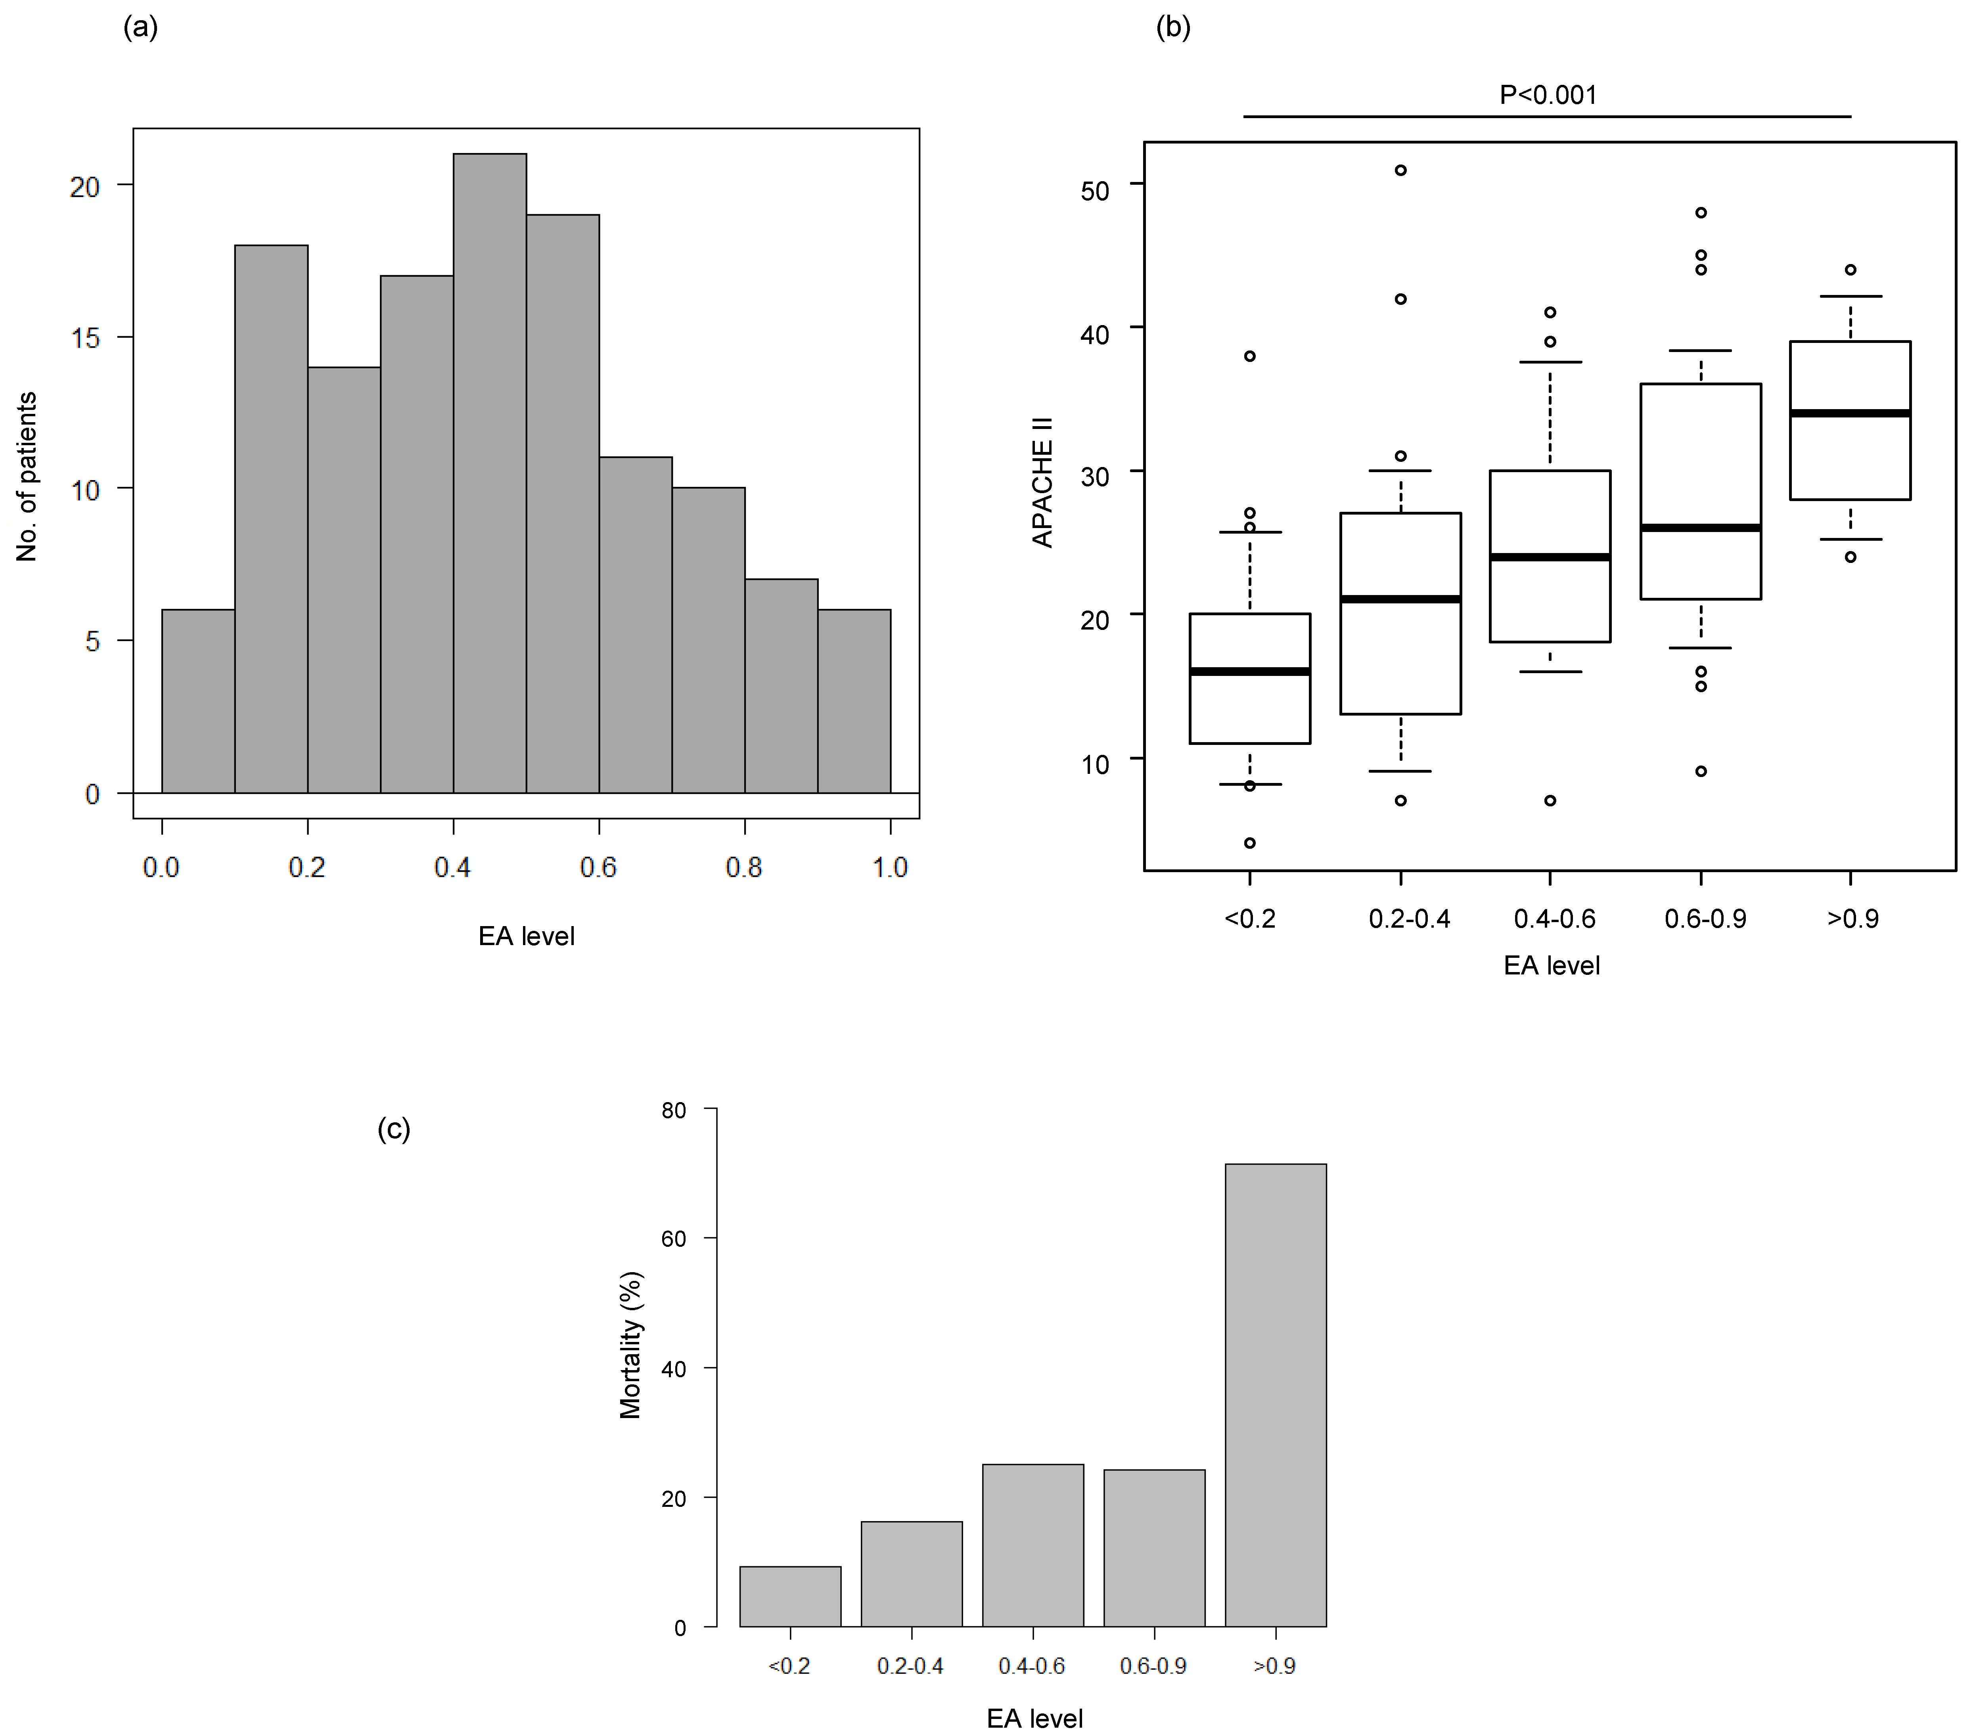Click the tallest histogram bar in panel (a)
point(490,473)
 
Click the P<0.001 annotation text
point(1548,95)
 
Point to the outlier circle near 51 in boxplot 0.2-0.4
point(1400,170)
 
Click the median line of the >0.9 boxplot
point(1849,413)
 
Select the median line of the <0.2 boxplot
point(1249,672)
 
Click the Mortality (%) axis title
point(630,1345)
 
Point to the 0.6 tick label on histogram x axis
point(598,867)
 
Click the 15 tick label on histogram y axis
point(85,338)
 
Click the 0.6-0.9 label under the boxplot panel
point(1705,919)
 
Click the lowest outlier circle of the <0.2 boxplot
point(1249,843)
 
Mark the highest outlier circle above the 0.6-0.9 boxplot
point(1701,212)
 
